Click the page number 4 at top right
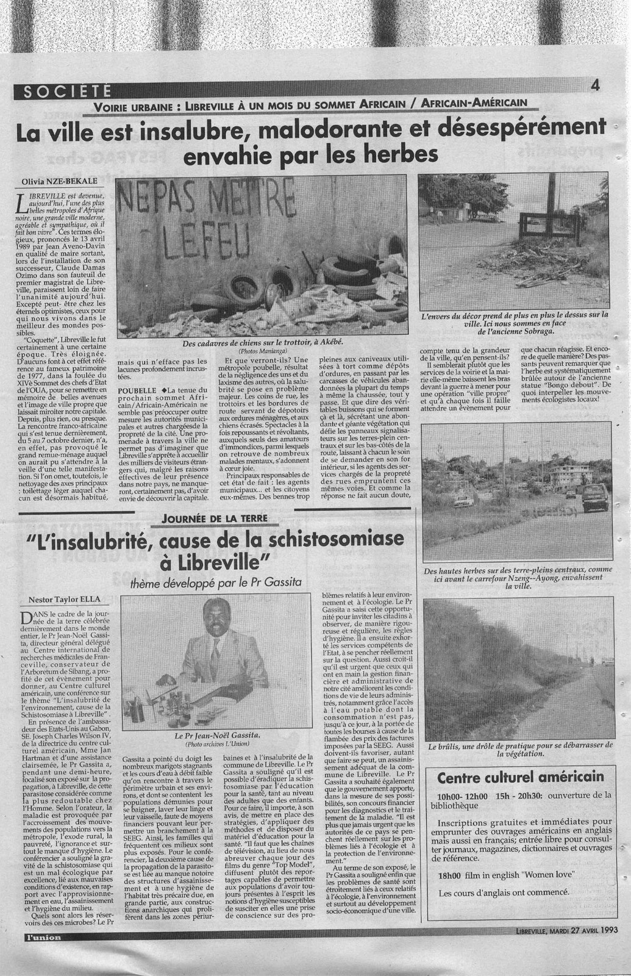click(x=595, y=87)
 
